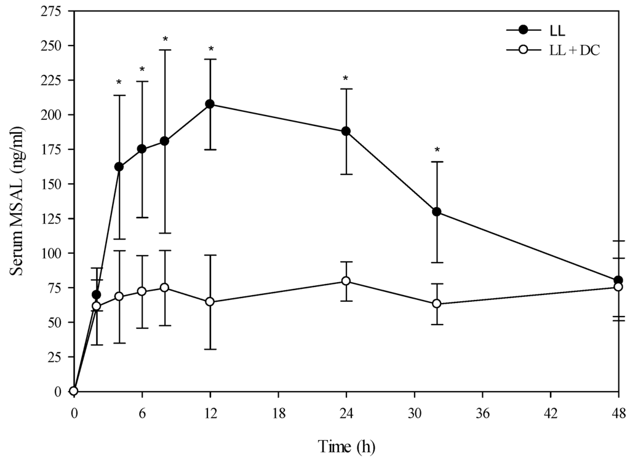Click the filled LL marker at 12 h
(210, 104)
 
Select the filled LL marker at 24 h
(346, 131)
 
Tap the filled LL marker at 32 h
(437, 211)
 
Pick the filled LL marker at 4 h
(119, 167)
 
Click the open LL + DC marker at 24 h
(346, 281)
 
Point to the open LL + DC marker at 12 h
(210, 302)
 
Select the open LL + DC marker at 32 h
(437, 304)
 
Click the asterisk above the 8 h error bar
(165, 40)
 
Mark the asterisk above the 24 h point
(346, 79)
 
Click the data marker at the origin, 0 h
(74, 391)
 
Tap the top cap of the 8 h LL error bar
(165, 50)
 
